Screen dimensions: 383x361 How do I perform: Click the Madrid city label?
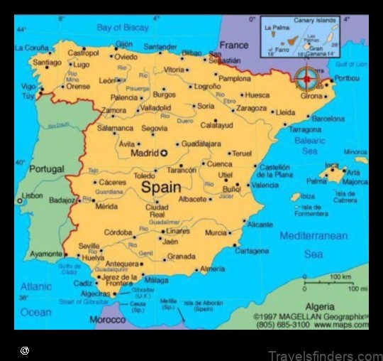click(x=144, y=153)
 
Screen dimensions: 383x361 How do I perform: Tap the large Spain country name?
click(x=161, y=188)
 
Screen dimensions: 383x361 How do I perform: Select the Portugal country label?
click(x=46, y=169)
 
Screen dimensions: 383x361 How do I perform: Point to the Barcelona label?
click(x=328, y=119)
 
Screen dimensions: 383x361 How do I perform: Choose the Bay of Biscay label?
click(x=123, y=28)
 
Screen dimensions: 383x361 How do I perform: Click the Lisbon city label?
click(x=32, y=195)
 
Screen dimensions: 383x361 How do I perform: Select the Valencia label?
click(x=265, y=185)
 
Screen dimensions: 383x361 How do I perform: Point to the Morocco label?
click(x=107, y=320)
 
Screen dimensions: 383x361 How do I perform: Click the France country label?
click(x=233, y=44)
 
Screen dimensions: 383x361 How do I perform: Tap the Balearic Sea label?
click(x=310, y=146)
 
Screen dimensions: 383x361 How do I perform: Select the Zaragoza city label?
click(x=251, y=108)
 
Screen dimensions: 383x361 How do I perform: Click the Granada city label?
click(x=181, y=257)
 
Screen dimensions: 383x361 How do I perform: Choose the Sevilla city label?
click(x=89, y=246)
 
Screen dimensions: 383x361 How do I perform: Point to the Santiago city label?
click(x=47, y=63)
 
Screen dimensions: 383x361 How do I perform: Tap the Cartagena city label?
click(x=251, y=251)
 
